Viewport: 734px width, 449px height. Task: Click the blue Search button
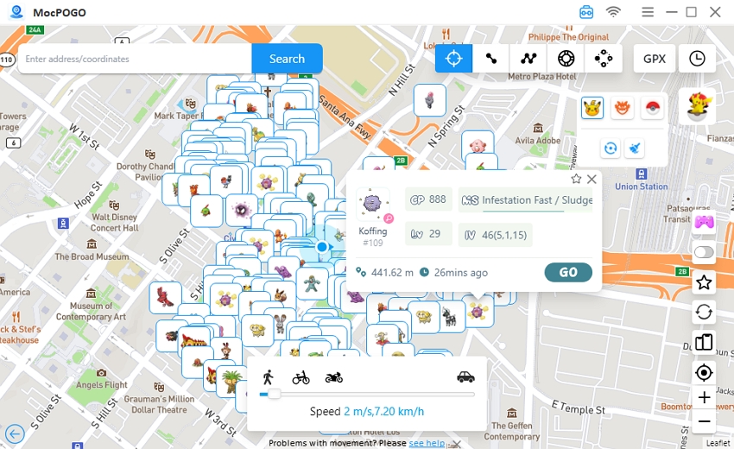[x=287, y=59]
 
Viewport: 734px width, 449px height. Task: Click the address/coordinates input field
[x=135, y=59]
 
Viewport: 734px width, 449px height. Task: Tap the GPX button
[x=655, y=59]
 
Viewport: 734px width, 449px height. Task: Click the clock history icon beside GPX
[x=697, y=59]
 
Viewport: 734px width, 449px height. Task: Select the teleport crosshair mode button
[x=453, y=59]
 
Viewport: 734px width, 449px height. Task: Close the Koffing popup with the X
[x=592, y=180]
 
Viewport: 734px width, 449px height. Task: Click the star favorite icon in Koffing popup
[x=576, y=180]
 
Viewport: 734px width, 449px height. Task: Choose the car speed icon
[x=465, y=376]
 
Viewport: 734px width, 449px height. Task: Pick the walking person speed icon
[x=268, y=377]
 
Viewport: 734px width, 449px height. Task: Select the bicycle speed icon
[x=301, y=377]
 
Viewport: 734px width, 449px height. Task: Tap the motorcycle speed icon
[x=334, y=377]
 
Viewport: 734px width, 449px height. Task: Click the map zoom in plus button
[x=705, y=398]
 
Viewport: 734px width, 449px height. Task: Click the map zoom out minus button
[x=705, y=422]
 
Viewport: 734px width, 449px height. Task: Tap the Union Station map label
[x=641, y=187]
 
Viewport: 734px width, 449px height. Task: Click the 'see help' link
[x=427, y=443]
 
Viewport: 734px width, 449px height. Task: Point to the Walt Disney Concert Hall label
[x=114, y=223]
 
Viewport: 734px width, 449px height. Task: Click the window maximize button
[x=691, y=12]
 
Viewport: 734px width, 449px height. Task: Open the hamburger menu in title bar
[x=648, y=12]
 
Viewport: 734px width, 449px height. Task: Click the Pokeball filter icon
[x=653, y=108]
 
